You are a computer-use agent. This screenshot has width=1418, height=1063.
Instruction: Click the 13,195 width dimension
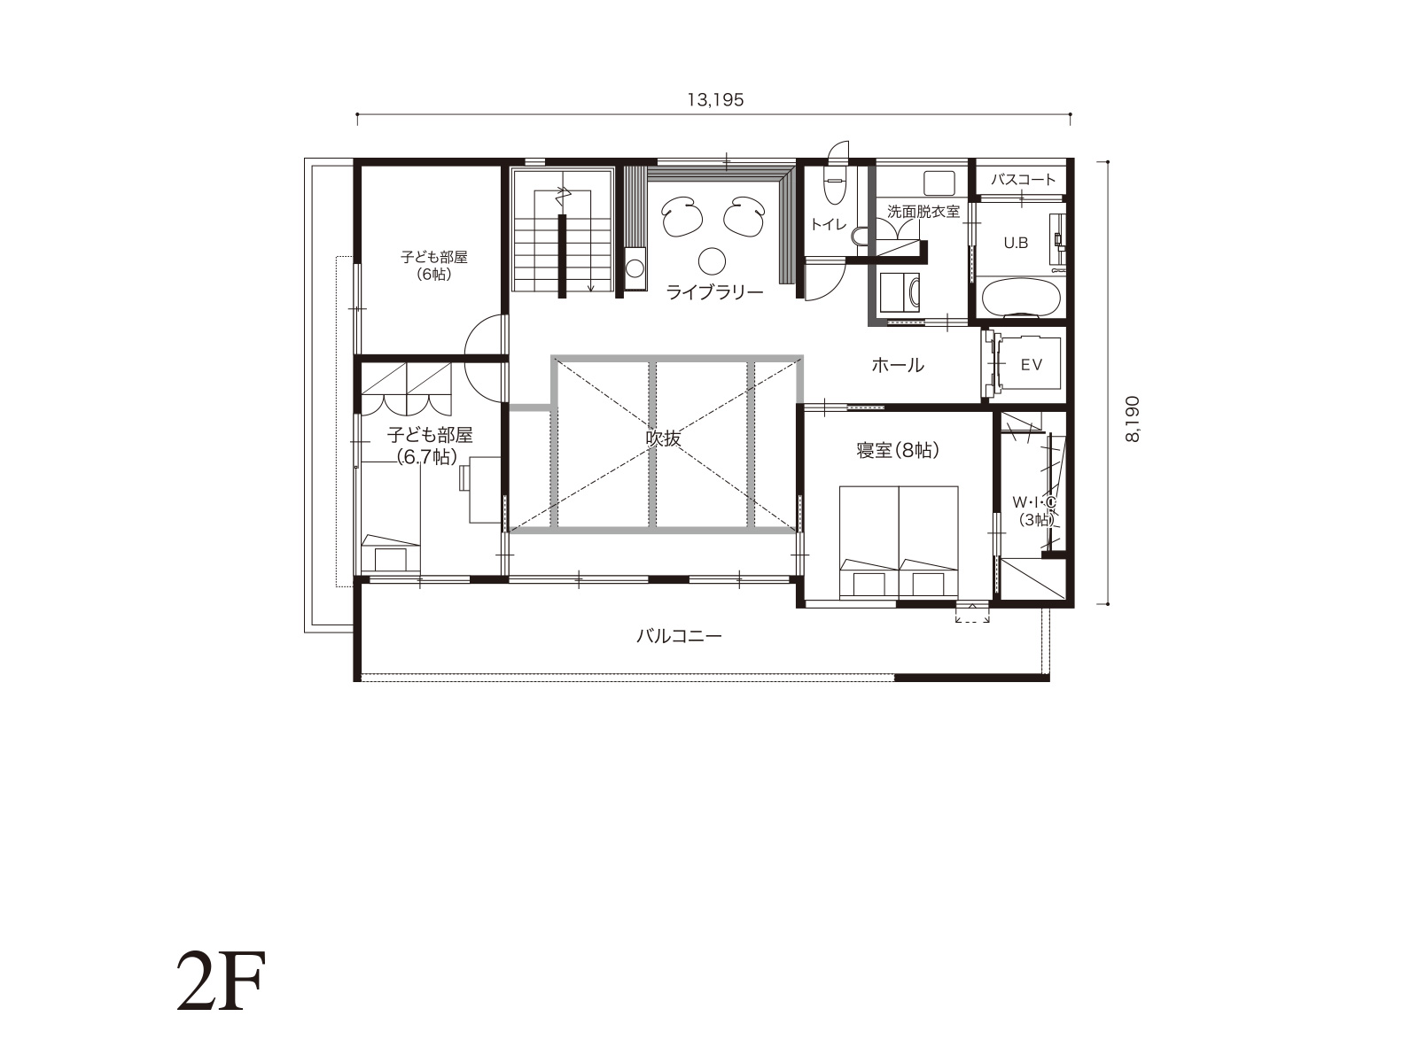click(715, 100)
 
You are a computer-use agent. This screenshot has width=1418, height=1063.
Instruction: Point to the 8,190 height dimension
click(1132, 419)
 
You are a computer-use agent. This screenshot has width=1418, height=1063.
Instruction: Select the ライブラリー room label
click(714, 292)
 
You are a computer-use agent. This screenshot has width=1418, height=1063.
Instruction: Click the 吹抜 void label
click(664, 438)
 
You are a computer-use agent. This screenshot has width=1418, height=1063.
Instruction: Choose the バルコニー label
click(679, 636)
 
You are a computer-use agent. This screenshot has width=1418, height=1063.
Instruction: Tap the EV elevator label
click(1031, 365)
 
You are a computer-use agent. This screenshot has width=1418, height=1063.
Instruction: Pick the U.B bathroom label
click(1016, 243)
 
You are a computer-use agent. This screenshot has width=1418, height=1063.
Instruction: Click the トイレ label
click(828, 224)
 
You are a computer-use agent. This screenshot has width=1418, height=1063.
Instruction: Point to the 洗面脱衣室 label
click(923, 211)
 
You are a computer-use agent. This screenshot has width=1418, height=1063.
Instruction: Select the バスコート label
click(1023, 180)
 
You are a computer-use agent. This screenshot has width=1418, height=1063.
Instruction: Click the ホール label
click(898, 365)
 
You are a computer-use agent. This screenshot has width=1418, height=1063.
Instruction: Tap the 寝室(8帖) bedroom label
click(898, 450)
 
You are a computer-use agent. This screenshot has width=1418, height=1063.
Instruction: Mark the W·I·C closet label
click(1033, 501)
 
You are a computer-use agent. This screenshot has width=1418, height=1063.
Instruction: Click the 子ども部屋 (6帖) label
click(433, 265)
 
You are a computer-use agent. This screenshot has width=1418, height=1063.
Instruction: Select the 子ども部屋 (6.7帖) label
click(430, 446)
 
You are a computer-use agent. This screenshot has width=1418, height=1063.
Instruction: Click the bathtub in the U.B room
click(1021, 297)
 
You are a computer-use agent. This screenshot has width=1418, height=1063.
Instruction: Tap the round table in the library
click(712, 261)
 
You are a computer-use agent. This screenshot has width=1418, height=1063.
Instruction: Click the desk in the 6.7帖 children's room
click(485, 489)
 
